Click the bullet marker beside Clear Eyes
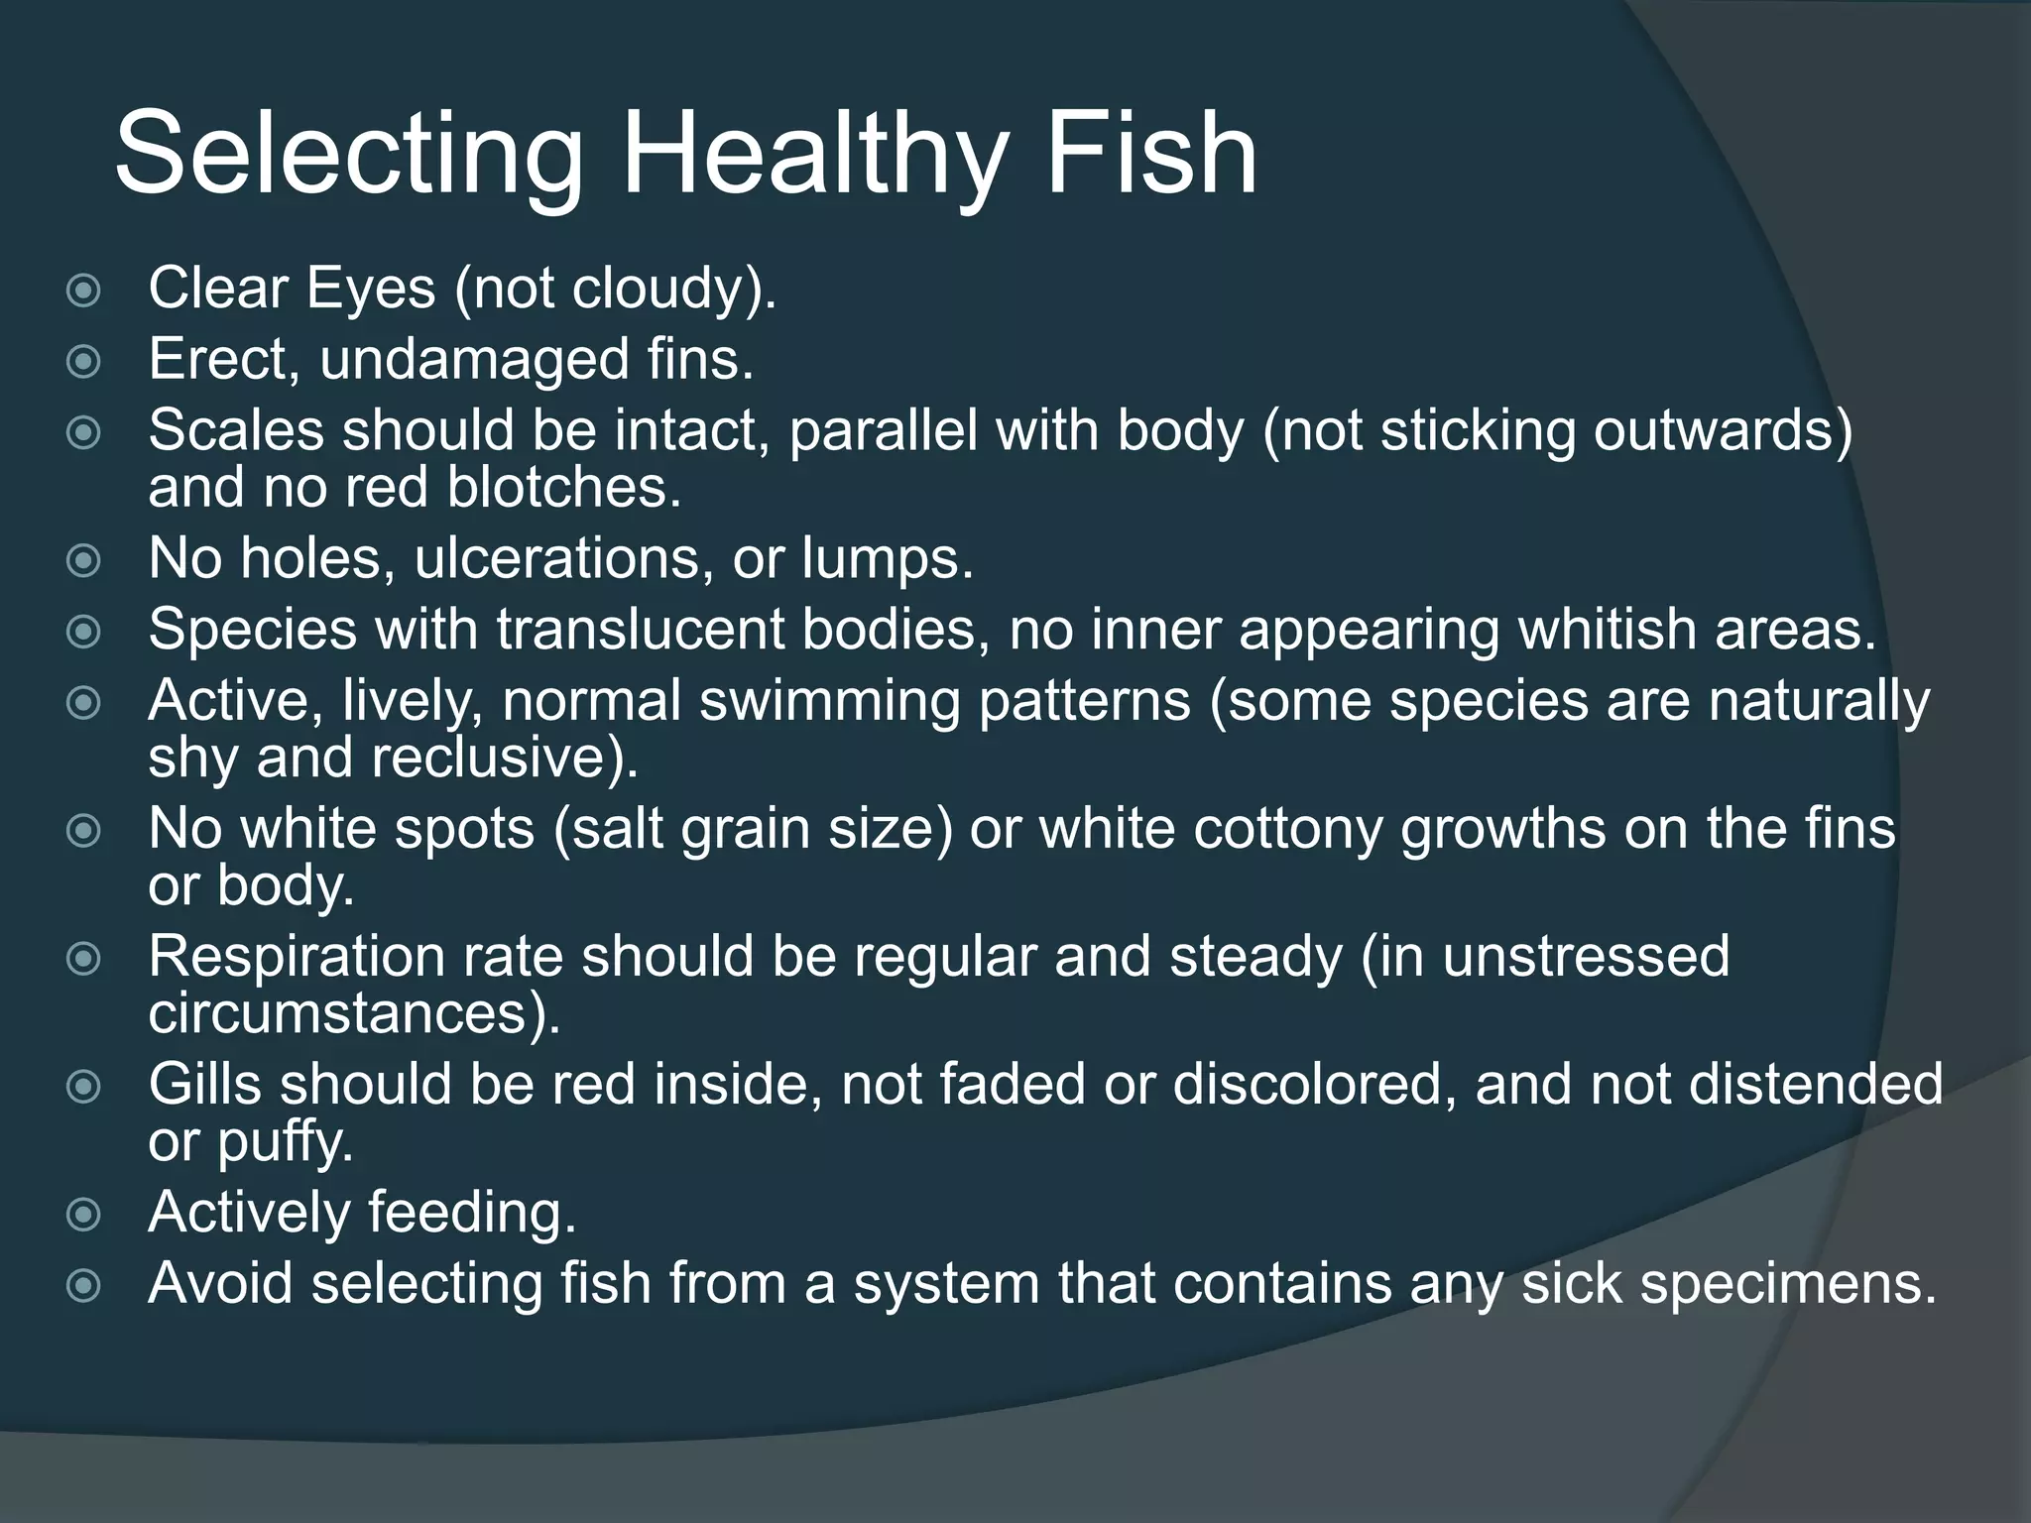83,291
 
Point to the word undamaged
474,359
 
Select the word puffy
285,1142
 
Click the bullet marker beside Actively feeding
83,1215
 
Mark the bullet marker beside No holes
83,561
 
